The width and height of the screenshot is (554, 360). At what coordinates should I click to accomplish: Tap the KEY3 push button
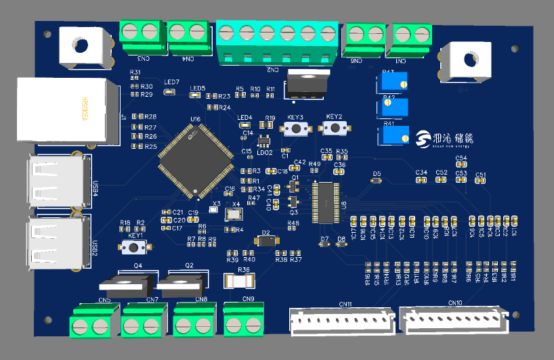[x=296, y=128]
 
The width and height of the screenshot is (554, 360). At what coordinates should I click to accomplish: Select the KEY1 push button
[x=134, y=248]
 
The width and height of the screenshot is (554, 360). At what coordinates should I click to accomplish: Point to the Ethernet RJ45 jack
[x=64, y=110]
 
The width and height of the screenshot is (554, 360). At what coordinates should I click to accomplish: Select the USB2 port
[x=57, y=241]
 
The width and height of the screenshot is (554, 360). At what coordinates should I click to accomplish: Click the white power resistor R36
[x=243, y=278]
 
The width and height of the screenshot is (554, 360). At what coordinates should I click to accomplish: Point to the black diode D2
[x=265, y=240]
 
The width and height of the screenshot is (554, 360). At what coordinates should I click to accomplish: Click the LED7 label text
[x=171, y=82]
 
